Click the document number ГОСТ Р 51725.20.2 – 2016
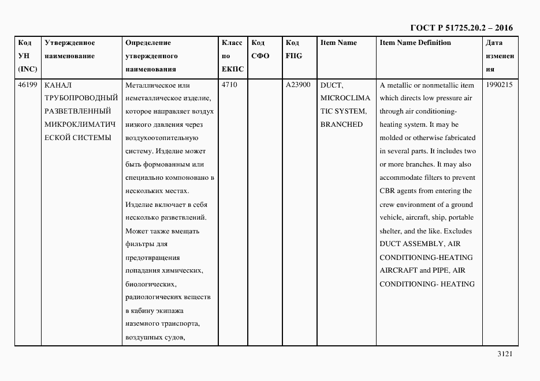(x=461, y=28)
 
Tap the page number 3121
(x=505, y=354)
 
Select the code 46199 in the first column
(x=28, y=85)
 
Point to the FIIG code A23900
(x=298, y=85)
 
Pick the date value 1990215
(x=500, y=85)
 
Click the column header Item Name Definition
(x=415, y=43)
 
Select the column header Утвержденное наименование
(x=69, y=50)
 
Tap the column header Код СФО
(x=260, y=50)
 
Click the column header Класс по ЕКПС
(x=233, y=56)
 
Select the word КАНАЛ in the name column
(x=57, y=85)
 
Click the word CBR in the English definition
(x=388, y=191)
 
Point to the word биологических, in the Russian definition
(x=151, y=284)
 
